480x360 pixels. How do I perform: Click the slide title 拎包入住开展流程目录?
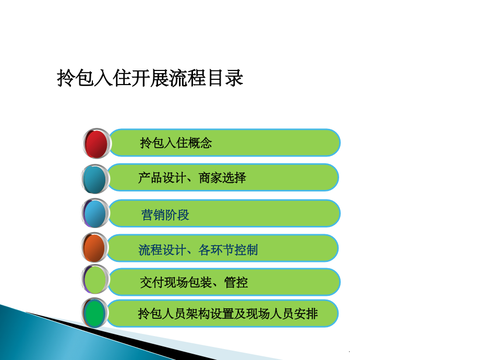tap(150, 79)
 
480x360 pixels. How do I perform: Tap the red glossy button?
tap(96, 143)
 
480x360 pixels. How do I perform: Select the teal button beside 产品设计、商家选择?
tap(95, 178)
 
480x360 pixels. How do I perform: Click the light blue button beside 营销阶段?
tap(95, 213)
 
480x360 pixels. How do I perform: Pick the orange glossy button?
tap(95, 248)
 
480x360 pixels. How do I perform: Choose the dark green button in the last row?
tap(95, 313)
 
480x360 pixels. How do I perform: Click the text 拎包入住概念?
tap(176, 143)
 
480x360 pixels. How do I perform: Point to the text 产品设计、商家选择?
tap(192, 178)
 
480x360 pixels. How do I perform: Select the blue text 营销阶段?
tap(165, 214)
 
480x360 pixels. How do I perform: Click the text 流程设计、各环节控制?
tap(198, 250)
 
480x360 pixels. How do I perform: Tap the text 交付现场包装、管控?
tap(194, 283)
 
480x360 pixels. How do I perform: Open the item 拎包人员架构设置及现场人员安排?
tap(227, 314)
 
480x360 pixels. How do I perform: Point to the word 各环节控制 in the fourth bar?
tap(228, 250)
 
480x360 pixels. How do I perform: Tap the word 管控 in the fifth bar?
tap(236, 283)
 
